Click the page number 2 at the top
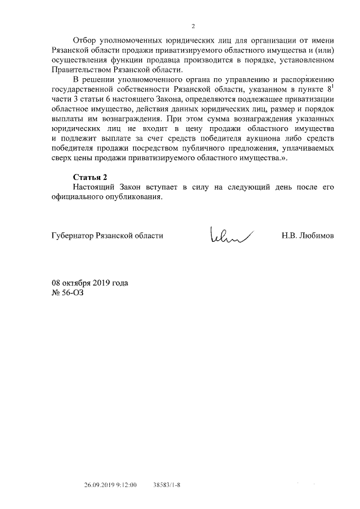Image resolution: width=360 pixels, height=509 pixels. pos(192,26)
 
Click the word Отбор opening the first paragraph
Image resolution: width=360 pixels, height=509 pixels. pos(85,41)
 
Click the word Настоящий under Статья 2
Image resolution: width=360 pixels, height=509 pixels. pos(94,188)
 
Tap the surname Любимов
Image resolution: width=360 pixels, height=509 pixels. pos(317,236)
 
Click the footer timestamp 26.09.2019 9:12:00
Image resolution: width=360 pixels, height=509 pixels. pos(111,484)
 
